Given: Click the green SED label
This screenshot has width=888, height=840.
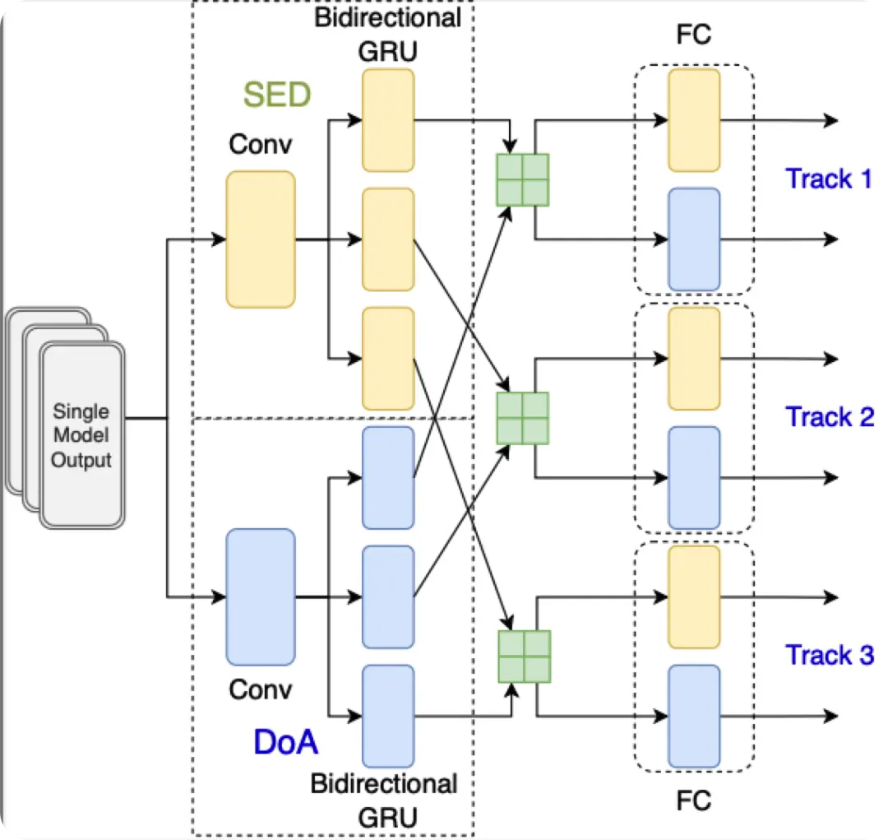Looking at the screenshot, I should coord(276,95).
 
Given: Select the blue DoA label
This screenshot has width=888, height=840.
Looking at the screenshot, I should coord(285,742).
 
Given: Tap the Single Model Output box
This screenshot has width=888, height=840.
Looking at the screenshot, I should coord(81,435).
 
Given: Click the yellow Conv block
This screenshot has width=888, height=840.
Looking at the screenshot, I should coord(261,239).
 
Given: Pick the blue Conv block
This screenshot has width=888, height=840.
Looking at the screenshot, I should coord(261,596).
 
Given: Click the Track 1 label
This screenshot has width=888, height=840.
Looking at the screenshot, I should coord(829,179).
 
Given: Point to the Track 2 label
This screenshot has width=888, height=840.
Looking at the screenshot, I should coord(829,417).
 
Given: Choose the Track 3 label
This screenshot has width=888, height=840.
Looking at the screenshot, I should coord(829,656).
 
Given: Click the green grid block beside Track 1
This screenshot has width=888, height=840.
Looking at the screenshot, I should coord(522,180).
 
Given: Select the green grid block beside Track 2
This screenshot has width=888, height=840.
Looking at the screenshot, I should coord(522,418).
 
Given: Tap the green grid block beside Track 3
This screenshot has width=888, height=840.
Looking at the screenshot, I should coord(524,656).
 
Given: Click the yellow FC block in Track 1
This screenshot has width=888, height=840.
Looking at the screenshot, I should coord(694,120).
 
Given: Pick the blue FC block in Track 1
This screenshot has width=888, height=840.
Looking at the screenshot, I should coord(694,239).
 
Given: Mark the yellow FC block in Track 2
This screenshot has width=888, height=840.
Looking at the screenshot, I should coord(694,359).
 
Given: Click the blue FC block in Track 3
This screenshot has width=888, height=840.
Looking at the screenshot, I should coord(694,716).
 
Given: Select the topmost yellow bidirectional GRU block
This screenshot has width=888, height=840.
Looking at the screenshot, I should coord(388,120).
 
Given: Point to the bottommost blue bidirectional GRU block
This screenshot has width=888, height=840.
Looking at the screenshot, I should coord(388,716).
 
